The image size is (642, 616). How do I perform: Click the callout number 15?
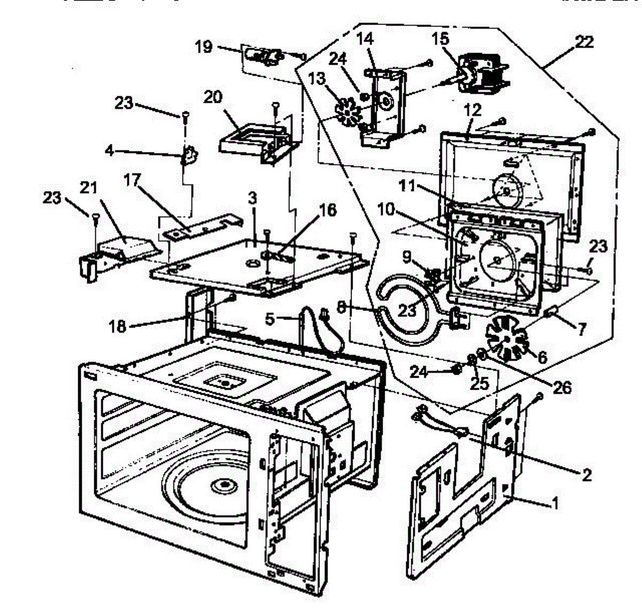441,39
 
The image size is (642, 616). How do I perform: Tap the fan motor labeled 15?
481,75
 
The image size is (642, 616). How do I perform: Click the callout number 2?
586,474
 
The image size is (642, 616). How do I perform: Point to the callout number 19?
204,47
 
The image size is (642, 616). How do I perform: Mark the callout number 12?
472,110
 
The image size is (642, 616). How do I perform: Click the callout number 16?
327,210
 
